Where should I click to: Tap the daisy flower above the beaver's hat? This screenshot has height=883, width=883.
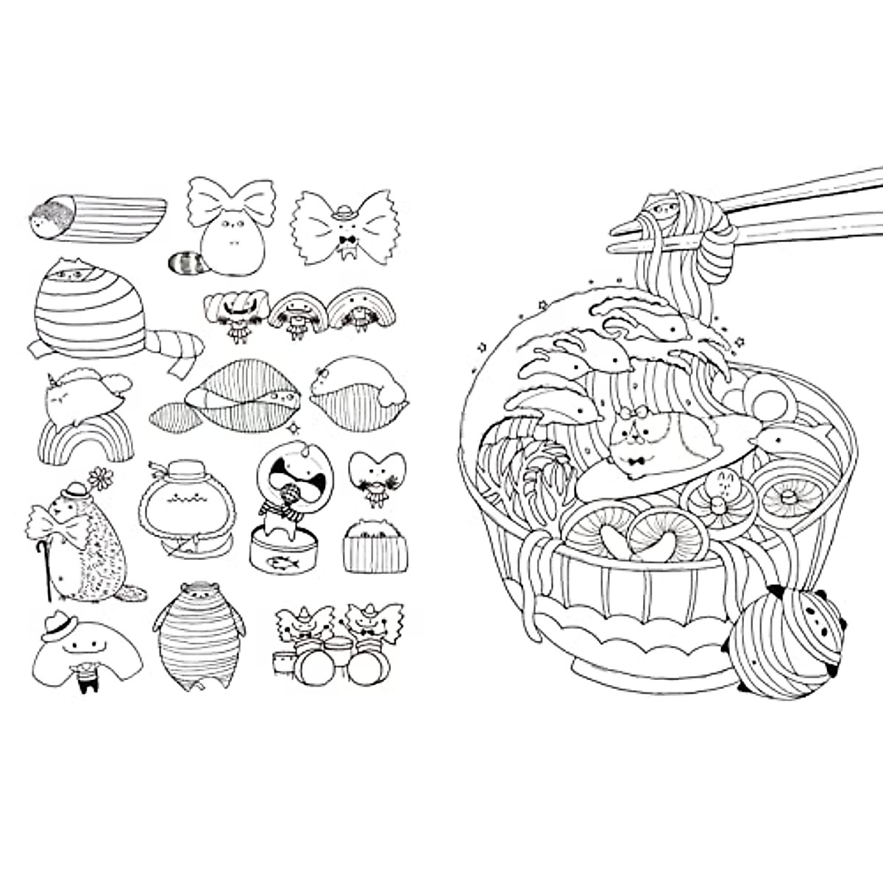click(x=97, y=479)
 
